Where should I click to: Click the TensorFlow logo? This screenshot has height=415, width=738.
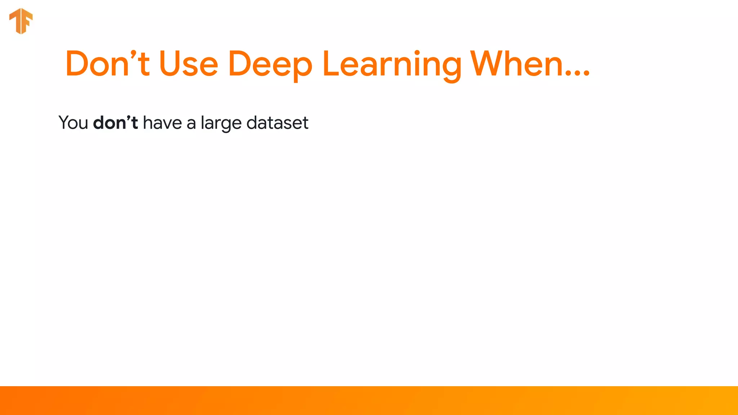[x=21, y=21]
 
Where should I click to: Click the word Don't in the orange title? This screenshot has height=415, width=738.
[x=107, y=64]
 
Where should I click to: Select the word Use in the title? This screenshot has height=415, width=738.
[x=188, y=64]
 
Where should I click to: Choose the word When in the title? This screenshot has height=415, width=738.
[x=517, y=64]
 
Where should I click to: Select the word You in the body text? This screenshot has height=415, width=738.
[x=73, y=123]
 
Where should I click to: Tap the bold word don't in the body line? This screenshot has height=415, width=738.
[x=115, y=122]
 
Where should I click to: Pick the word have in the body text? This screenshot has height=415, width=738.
[x=162, y=123]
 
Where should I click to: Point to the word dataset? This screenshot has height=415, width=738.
[x=277, y=123]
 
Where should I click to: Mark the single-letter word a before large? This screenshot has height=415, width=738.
[x=191, y=124]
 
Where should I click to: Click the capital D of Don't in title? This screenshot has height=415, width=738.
[x=77, y=64]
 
